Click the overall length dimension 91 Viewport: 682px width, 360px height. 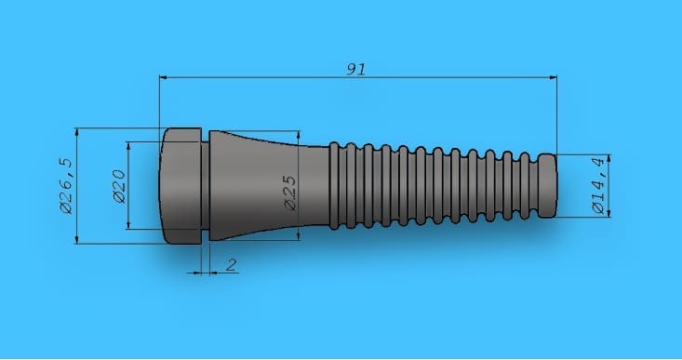coord(355,69)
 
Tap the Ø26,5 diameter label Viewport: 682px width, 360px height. coord(67,186)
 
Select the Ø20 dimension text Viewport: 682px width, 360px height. coord(119,187)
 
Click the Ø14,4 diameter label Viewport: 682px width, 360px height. coord(599,186)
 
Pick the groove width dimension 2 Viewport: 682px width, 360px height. coord(232,264)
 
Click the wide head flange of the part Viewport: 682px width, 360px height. coord(181,186)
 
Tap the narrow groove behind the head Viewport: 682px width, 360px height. coord(206,186)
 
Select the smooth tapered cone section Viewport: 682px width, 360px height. coord(269,186)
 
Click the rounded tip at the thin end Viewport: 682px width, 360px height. coord(548,186)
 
